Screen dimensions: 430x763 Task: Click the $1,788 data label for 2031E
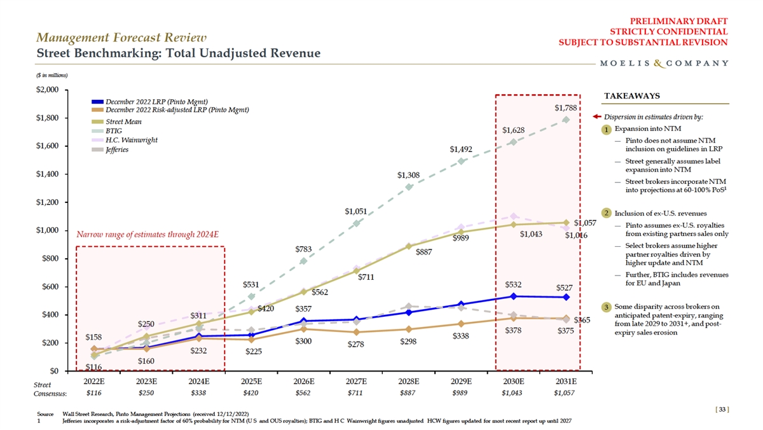pyautogui.click(x=565, y=108)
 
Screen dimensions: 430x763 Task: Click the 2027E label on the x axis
pyautogui.click(x=356, y=381)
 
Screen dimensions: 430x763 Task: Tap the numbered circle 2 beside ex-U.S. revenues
pyautogui.click(x=608, y=212)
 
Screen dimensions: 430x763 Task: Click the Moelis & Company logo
pyautogui.click(x=664, y=63)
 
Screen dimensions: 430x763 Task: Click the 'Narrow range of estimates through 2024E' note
pyautogui.click(x=148, y=234)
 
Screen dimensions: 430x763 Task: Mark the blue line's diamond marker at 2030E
pyautogui.click(x=513, y=296)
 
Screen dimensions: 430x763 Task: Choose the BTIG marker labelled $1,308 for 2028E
pyautogui.click(x=409, y=187)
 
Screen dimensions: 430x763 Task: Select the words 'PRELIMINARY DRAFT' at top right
pyautogui.click(x=686, y=20)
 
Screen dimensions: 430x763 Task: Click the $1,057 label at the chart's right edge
pyautogui.click(x=584, y=223)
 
